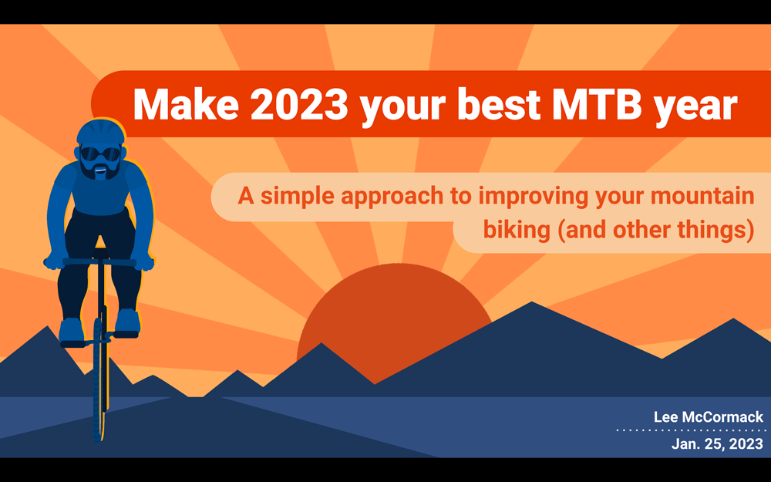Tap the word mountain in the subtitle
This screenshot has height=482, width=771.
pyautogui.click(x=702, y=196)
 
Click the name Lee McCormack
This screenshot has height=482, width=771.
pyautogui.click(x=709, y=417)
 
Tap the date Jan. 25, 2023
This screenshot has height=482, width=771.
pyautogui.click(x=717, y=443)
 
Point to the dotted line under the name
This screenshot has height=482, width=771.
pyautogui.click(x=691, y=430)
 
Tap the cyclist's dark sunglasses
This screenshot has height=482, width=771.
pyautogui.click(x=99, y=154)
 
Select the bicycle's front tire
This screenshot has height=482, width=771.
pyautogui.click(x=99, y=379)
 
